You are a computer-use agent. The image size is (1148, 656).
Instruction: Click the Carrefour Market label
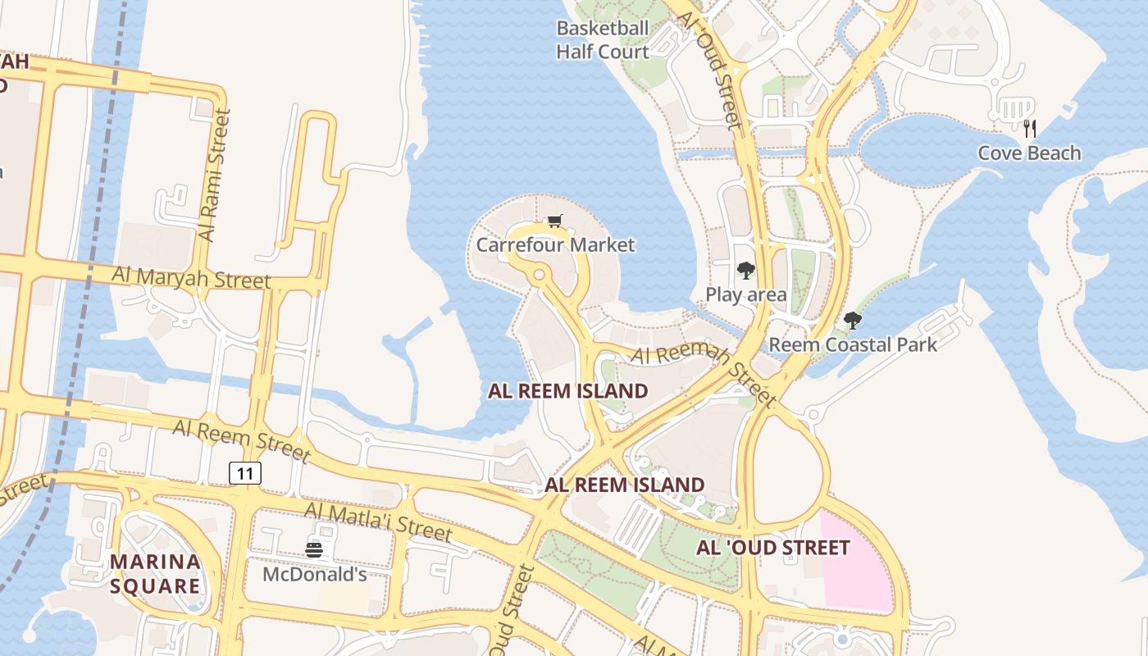(x=555, y=245)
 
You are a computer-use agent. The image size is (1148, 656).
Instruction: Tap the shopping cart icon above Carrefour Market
(x=555, y=221)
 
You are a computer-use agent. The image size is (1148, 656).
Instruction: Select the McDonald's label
(x=314, y=574)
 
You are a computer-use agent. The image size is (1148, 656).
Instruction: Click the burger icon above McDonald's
(x=314, y=549)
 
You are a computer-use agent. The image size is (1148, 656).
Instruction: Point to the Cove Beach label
(x=1029, y=153)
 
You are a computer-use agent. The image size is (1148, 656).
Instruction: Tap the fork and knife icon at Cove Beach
(x=1030, y=128)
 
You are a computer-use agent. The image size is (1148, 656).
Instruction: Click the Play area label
(x=745, y=294)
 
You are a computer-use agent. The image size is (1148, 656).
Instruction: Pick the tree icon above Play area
(x=745, y=271)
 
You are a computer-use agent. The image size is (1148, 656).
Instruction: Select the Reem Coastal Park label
(x=853, y=344)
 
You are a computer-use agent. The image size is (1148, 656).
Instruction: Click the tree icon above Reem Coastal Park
(x=853, y=321)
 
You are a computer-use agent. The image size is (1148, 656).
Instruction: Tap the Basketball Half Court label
(x=603, y=39)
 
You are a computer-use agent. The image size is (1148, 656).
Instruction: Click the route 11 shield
(x=245, y=472)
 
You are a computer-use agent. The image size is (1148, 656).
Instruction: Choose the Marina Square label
(x=155, y=573)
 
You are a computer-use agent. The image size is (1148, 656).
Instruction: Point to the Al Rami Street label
(x=213, y=176)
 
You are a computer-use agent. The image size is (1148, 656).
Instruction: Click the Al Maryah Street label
(x=191, y=277)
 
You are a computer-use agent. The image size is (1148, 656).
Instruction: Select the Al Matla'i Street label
(x=377, y=522)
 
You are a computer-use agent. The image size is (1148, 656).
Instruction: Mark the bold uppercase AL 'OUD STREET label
(x=772, y=548)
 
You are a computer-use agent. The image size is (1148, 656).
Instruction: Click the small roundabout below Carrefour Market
(x=540, y=275)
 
